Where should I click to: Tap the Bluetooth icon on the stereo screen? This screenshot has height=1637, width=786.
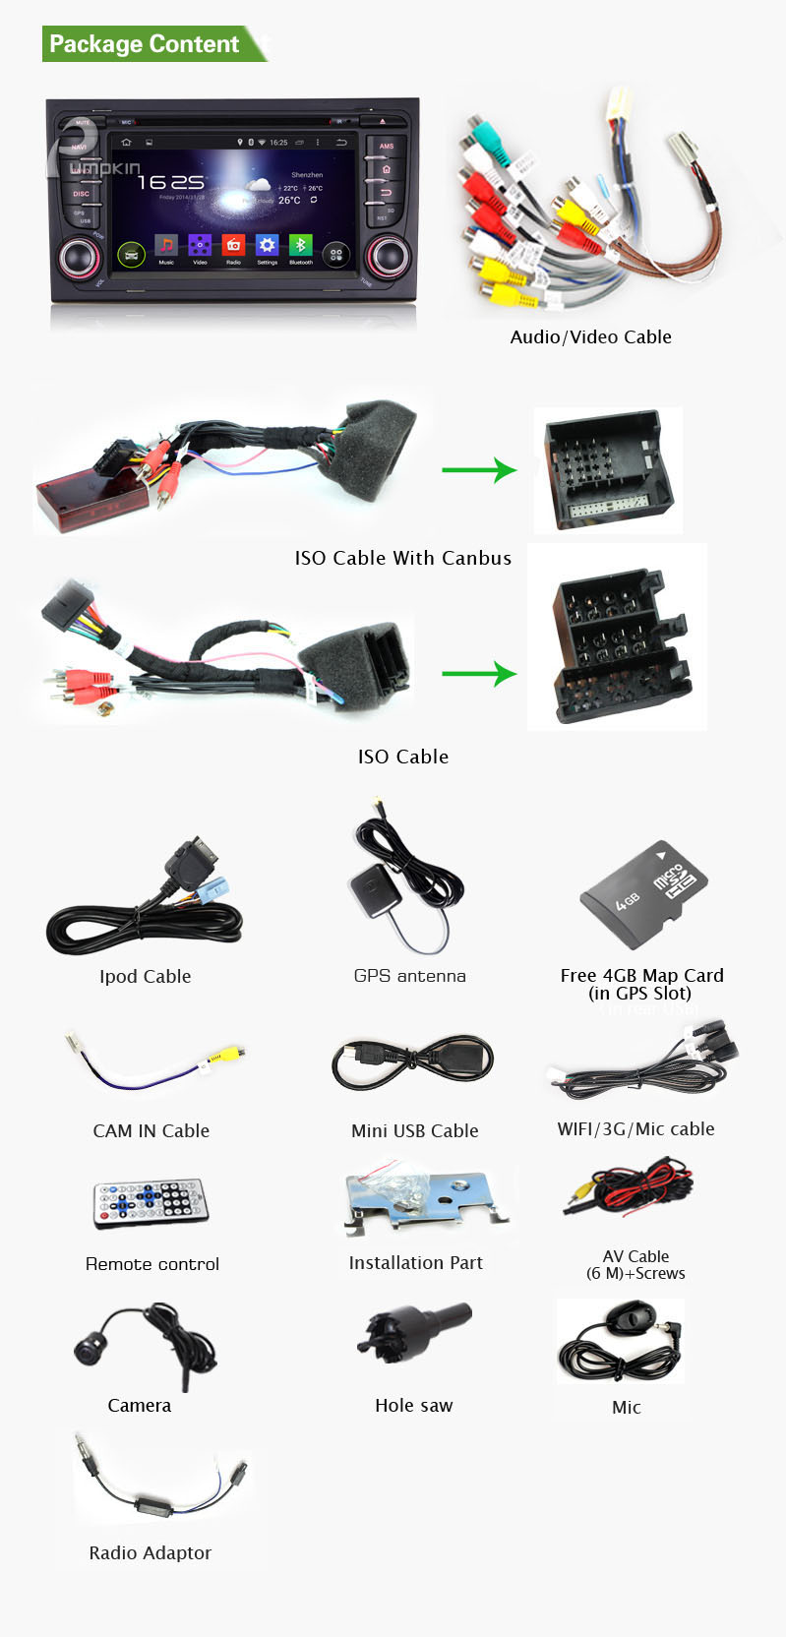point(300,245)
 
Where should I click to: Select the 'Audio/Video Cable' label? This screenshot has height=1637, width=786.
point(590,337)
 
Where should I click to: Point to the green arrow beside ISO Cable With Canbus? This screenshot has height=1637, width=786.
point(479,470)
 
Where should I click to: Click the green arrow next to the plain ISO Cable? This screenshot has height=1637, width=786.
point(479,674)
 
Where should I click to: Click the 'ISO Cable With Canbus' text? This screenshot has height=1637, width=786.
point(403,559)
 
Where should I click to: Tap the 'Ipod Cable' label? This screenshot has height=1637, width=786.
point(145,977)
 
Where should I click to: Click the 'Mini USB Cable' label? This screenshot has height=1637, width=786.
point(414,1131)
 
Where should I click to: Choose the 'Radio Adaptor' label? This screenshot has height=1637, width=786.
point(150,1553)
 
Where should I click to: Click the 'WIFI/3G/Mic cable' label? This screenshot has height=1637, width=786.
point(635,1129)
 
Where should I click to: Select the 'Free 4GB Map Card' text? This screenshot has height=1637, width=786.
point(641,976)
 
